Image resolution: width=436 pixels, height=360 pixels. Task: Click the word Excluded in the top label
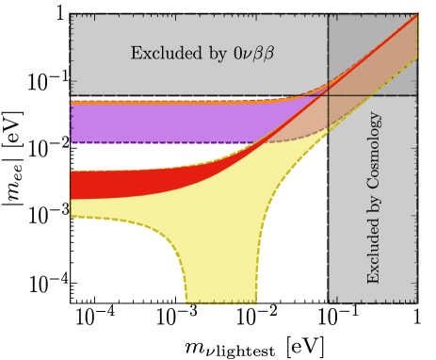click(159, 53)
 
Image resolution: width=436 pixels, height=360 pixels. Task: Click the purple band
click(160, 122)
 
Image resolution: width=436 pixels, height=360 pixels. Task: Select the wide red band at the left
click(104, 184)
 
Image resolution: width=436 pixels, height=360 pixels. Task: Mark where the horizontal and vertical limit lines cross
click(328, 95)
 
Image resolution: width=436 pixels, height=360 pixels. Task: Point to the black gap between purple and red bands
click(141, 156)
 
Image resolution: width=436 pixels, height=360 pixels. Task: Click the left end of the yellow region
click(73, 208)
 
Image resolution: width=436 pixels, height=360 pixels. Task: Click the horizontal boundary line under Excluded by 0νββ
click(188, 95)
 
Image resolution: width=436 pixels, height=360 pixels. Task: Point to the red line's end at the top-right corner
click(415, 16)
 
